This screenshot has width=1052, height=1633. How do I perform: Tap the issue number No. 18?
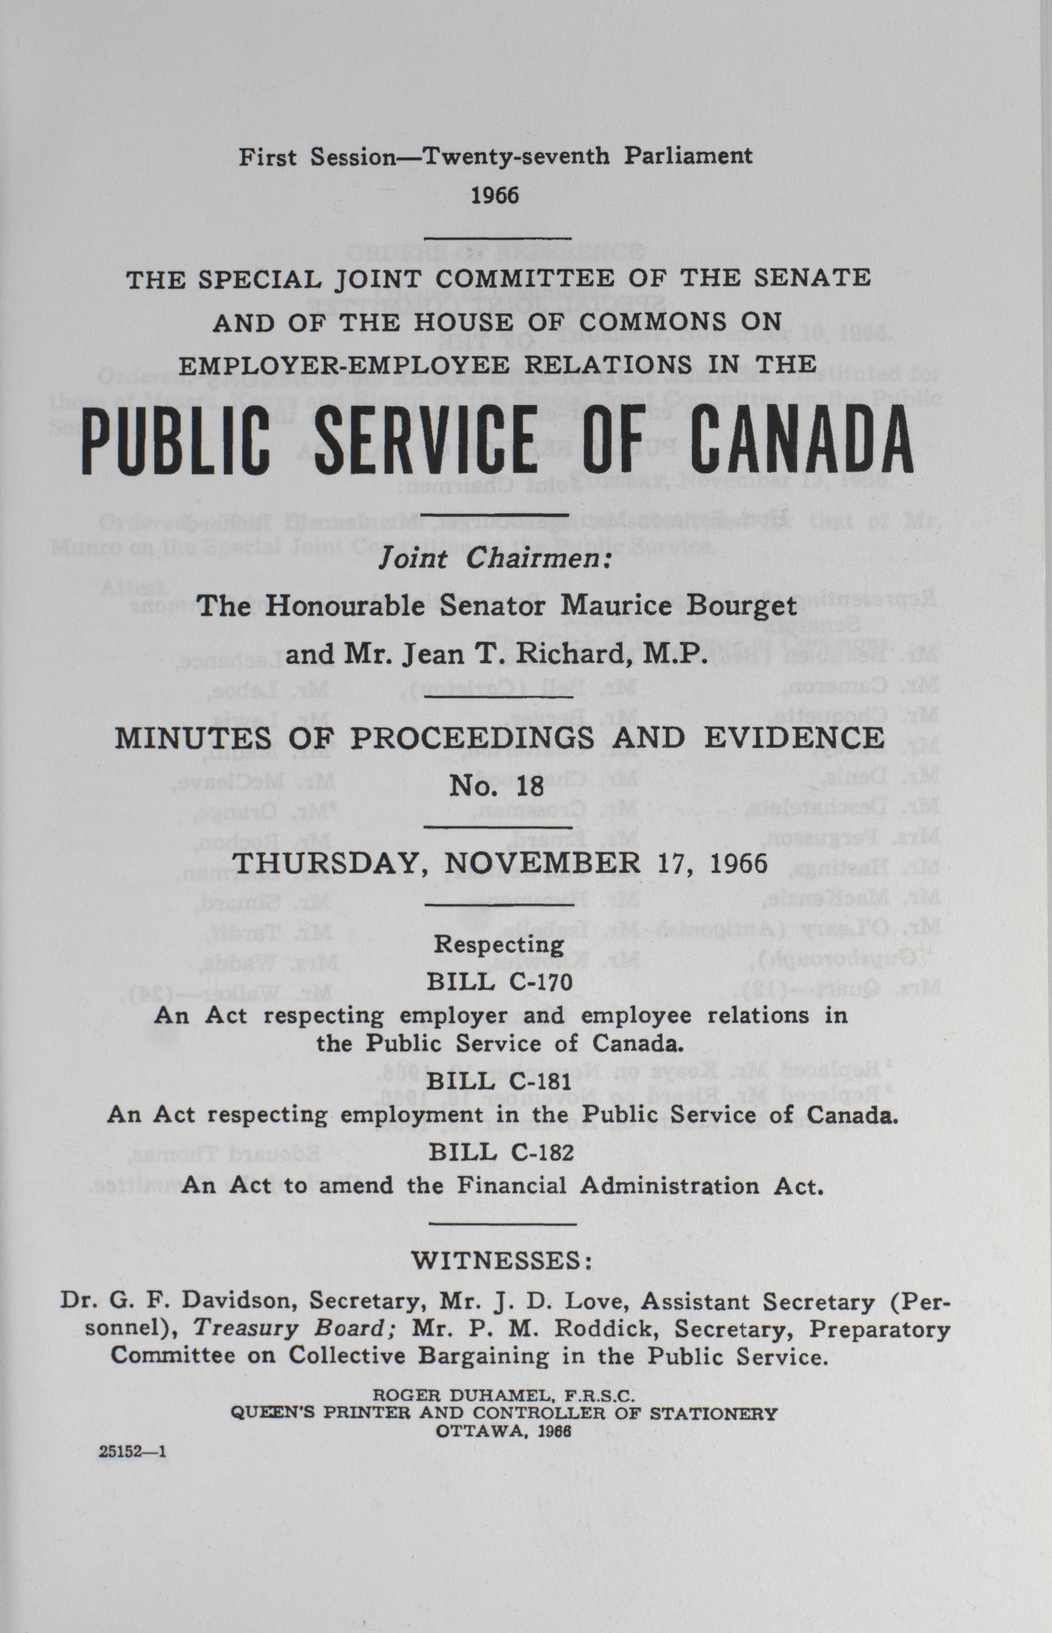(x=497, y=786)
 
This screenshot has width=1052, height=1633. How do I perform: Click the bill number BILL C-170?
(x=500, y=982)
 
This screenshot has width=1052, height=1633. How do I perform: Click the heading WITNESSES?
(x=501, y=1260)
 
